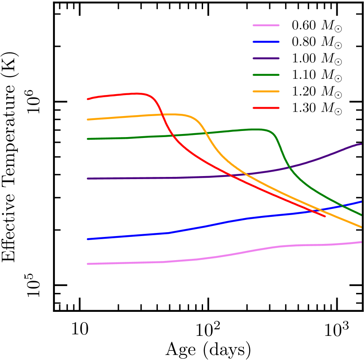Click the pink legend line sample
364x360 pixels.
tap(266, 25)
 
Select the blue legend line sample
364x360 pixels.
tap(266, 42)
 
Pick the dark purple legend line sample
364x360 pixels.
tap(266, 58)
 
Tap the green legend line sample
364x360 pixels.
tap(266, 75)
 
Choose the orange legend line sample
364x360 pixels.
tap(266, 92)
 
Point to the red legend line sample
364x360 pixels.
tap(266, 108)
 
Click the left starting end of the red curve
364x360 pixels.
tap(88, 99)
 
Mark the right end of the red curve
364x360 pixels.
tap(325, 216)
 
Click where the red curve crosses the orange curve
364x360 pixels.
tap(162, 115)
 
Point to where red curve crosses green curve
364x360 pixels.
tap(172, 135)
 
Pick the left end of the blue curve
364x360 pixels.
tap(88, 239)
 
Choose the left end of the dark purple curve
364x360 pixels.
tap(88, 178)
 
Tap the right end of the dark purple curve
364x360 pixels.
tap(361, 144)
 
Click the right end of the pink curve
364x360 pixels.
tap(361, 242)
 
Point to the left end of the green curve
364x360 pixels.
tap(88, 139)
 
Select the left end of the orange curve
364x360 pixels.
tap(88, 119)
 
